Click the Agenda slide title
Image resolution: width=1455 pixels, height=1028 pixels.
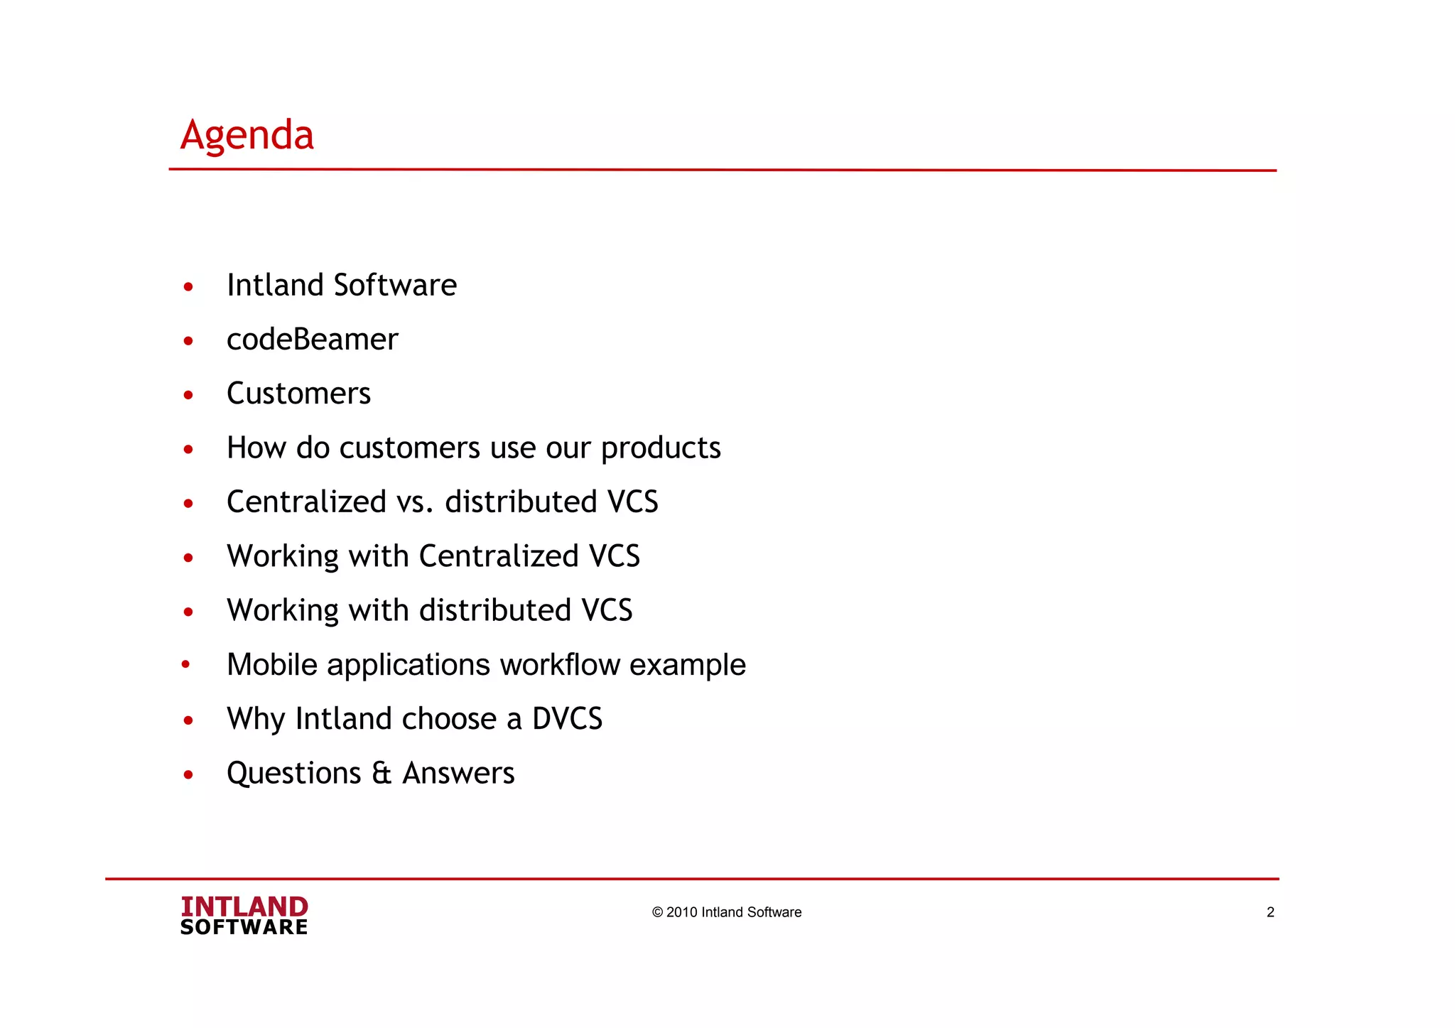pyautogui.click(x=247, y=135)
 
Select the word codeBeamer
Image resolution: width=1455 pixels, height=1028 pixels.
pyautogui.click(x=312, y=340)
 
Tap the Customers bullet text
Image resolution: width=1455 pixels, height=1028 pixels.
pyautogui.click(x=298, y=394)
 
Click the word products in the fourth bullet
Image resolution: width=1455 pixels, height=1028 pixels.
pyautogui.click(x=661, y=449)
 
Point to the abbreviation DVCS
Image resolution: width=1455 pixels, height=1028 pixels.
pyautogui.click(x=567, y=719)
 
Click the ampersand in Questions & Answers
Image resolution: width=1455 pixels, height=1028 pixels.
pyautogui.click(x=382, y=773)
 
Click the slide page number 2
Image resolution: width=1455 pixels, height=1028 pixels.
pyautogui.click(x=1270, y=912)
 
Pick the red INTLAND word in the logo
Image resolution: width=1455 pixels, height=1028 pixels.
pyautogui.click(x=244, y=907)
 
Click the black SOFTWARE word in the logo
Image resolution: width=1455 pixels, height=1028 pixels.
pyautogui.click(x=244, y=927)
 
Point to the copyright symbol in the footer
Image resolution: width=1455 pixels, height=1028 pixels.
pyautogui.click(x=657, y=912)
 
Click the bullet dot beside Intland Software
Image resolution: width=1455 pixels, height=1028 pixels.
pyautogui.click(x=188, y=287)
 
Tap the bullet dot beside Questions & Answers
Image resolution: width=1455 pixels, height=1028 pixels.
pyautogui.click(x=188, y=774)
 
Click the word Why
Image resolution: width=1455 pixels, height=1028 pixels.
pyautogui.click(x=256, y=719)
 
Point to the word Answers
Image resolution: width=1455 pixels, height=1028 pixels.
pyautogui.click(x=458, y=773)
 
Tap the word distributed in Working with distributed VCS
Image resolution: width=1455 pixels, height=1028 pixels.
pyautogui.click(x=495, y=610)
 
